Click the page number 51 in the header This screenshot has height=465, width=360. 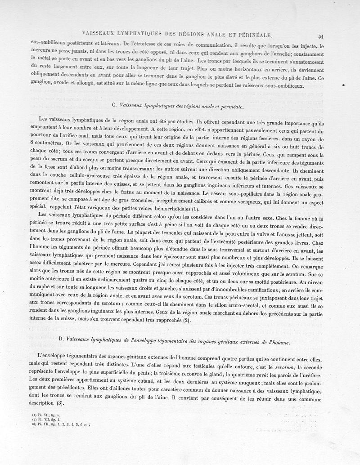point(321,37)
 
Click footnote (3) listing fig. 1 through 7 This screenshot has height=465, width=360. point(57,424)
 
